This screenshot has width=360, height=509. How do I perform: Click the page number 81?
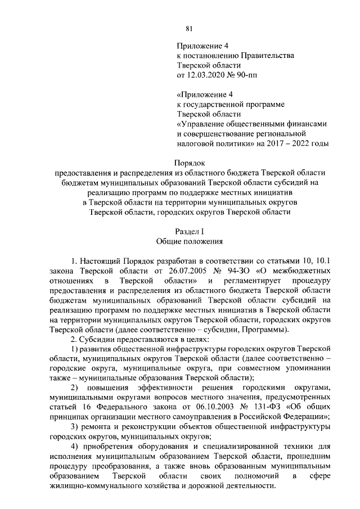pos(189,30)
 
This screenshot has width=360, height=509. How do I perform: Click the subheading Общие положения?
pos(190,242)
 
